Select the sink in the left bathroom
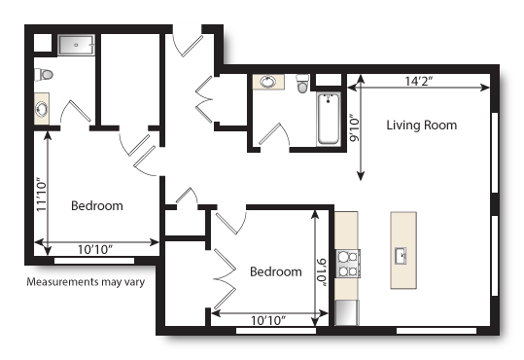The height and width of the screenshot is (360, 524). (x=42, y=107)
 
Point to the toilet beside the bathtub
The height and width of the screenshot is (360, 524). (x=302, y=85)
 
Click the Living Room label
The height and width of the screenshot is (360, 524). (x=421, y=126)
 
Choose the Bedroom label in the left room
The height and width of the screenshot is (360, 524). (x=96, y=206)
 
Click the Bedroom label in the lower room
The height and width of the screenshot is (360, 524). (x=275, y=271)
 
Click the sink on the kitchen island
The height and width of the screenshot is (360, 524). (x=401, y=256)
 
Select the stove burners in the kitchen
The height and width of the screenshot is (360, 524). (x=347, y=264)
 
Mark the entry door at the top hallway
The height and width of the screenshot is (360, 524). (x=184, y=43)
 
